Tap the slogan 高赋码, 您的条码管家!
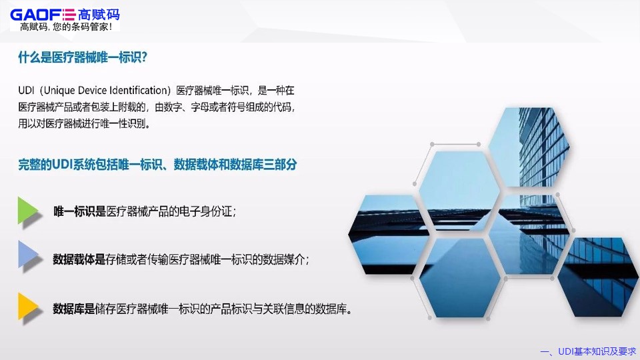click(x=66, y=27)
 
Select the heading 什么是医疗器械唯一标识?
click(x=83, y=57)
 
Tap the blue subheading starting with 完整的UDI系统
click(x=157, y=165)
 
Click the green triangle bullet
click(x=28, y=211)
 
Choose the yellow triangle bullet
click(x=28, y=306)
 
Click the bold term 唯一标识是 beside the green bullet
click(x=79, y=211)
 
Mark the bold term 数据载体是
click(x=79, y=259)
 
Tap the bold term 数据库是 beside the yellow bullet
click(x=74, y=309)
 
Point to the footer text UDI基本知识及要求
click(x=597, y=351)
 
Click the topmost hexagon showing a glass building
click(x=529, y=147)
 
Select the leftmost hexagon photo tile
click(x=389, y=235)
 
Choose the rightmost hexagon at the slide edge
click(x=599, y=277)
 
